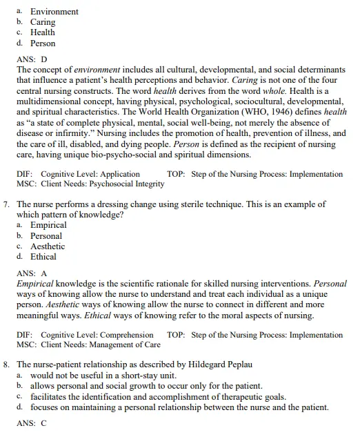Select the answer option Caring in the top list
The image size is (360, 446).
point(43,22)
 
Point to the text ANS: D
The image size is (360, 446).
point(32,60)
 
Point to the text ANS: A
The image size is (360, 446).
point(32,273)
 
